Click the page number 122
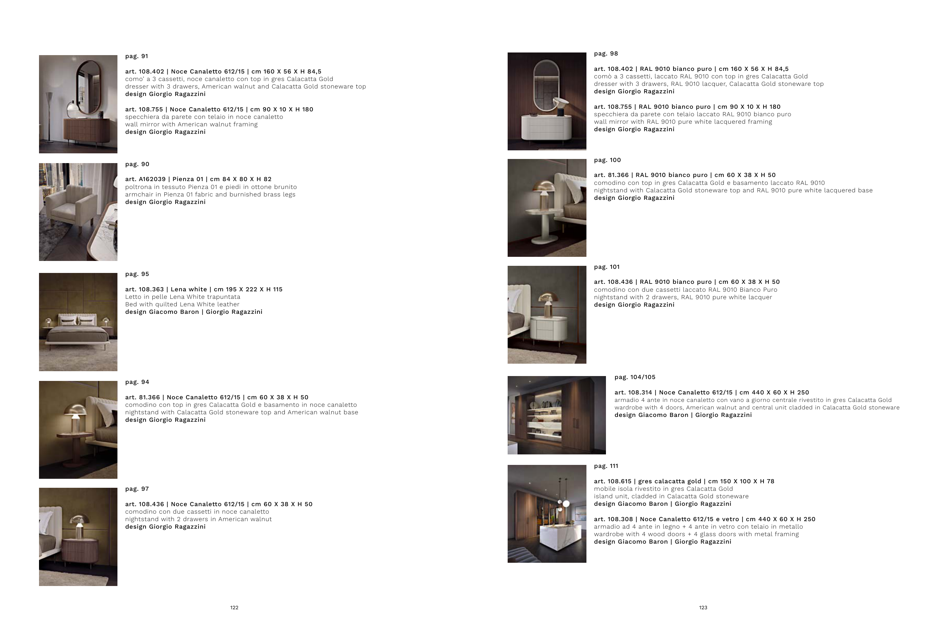click(x=234, y=607)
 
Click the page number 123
click(x=703, y=607)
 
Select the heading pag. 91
click(x=137, y=56)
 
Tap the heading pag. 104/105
click(x=635, y=377)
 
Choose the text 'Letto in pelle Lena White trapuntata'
click(x=183, y=297)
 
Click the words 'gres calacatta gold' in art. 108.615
click(x=671, y=481)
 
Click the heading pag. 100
click(x=607, y=160)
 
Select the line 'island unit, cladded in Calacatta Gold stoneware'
click(x=671, y=497)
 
